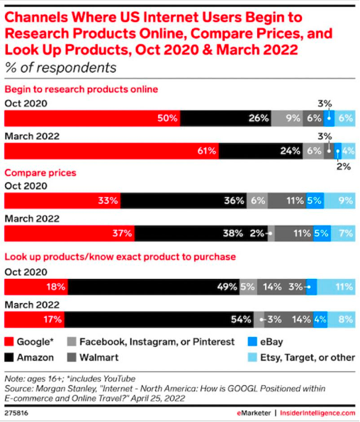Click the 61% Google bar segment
click(x=112, y=150)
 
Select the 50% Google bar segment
click(x=93, y=118)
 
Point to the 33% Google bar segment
click(x=62, y=201)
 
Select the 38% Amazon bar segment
click(x=201, y=233)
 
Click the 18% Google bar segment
click(x=37, y=287)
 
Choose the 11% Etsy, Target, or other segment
click(x=336, y=287)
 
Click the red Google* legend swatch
click(x=12, y=342)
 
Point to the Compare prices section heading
click(x=40, y=172)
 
